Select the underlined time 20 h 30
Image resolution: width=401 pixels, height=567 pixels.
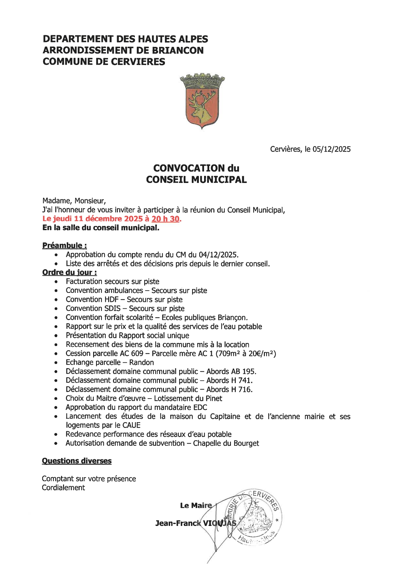(165, 219)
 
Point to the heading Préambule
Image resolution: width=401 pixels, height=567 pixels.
(64, 246)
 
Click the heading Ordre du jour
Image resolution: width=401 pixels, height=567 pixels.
(70, 273)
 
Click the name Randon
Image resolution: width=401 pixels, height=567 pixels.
(141, 362)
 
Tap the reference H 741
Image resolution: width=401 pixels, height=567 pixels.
(242, 380)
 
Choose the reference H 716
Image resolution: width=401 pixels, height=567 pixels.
(242, 390)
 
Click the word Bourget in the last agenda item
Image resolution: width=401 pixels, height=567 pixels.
(246, 443)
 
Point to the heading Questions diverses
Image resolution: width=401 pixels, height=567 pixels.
(77, 461)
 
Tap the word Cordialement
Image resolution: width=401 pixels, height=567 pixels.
(63, 487)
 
